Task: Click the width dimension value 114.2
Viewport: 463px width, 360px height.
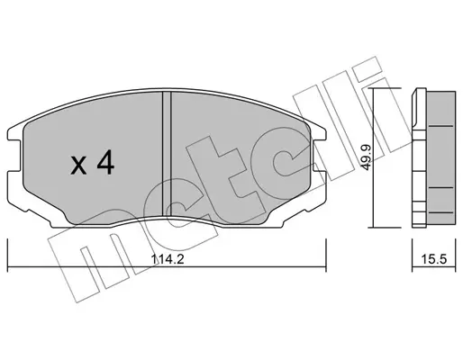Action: point(168,259)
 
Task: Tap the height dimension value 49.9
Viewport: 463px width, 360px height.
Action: point(367,157)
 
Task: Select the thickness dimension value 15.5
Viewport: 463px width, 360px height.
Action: point(434,259)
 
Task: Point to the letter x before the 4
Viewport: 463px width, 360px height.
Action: point(78,166)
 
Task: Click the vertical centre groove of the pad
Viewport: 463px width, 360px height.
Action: point(167,153)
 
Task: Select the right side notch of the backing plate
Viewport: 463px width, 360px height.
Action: point(319,155)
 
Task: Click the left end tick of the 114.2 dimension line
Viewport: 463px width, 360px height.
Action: point(7,256)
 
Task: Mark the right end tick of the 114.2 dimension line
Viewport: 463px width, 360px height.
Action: point(326,256)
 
